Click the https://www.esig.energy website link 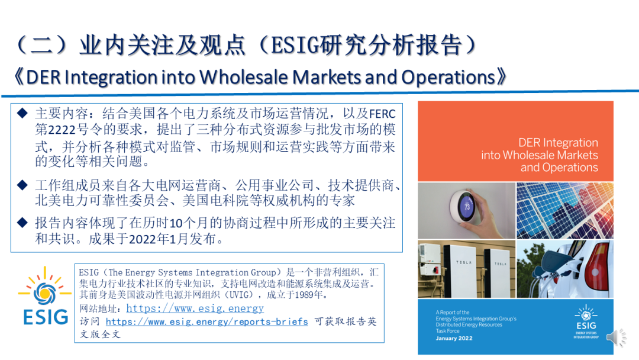point(195,308)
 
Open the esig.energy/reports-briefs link point(206,322)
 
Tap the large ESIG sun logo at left point(45,295)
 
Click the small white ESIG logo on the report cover point(586,322)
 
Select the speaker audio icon point(616,337)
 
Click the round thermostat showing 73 point(464,206)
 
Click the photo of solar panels point(565,210)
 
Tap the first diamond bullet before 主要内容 point(22,113)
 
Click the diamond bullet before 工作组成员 point(22,185)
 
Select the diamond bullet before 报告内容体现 point(22,223)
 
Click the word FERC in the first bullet point(382,114)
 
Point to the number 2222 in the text point(62,130)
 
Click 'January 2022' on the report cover point(454,339)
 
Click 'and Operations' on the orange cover point(559,168)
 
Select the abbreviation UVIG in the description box point(239,295)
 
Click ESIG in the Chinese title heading point(295,45)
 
